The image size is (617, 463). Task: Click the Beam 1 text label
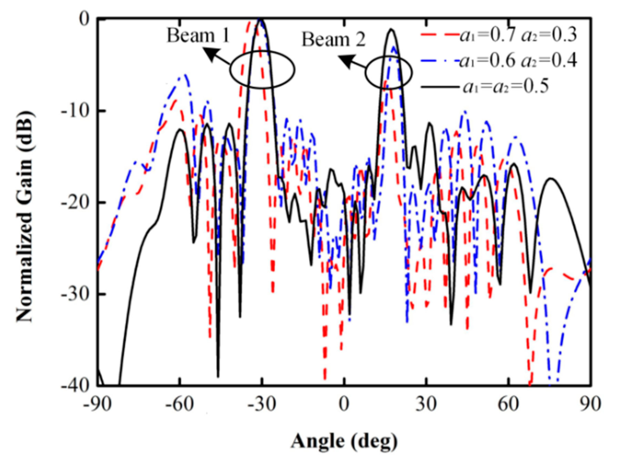[x=198, y=35]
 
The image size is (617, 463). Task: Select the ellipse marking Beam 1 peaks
[x=262, y=70]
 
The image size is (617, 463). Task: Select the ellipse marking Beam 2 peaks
[x=388, y=72]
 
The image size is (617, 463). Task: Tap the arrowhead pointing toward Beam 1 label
[x=209, y=53]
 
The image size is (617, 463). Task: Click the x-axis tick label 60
[x=509, y=404]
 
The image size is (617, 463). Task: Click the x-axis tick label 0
[x=344, y=404]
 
